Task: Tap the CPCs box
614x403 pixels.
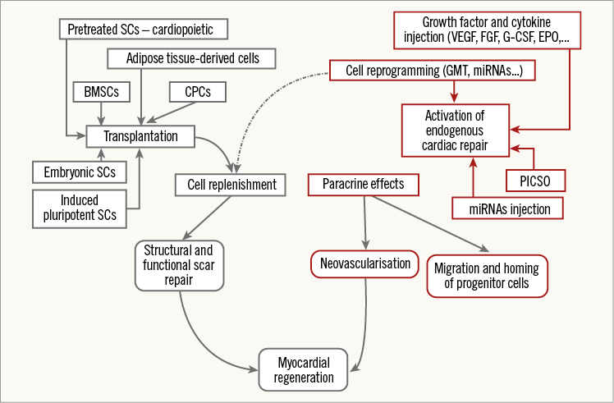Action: pos(196,93)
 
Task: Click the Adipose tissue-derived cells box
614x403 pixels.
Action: pos(190,58)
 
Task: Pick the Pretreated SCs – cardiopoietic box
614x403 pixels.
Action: pos(143,31)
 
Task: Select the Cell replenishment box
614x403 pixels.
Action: pos(231,184)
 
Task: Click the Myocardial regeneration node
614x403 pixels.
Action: pos(305,369)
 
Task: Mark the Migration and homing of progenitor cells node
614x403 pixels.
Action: pos(488,275)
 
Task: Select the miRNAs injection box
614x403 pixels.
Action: pos(511,208)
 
